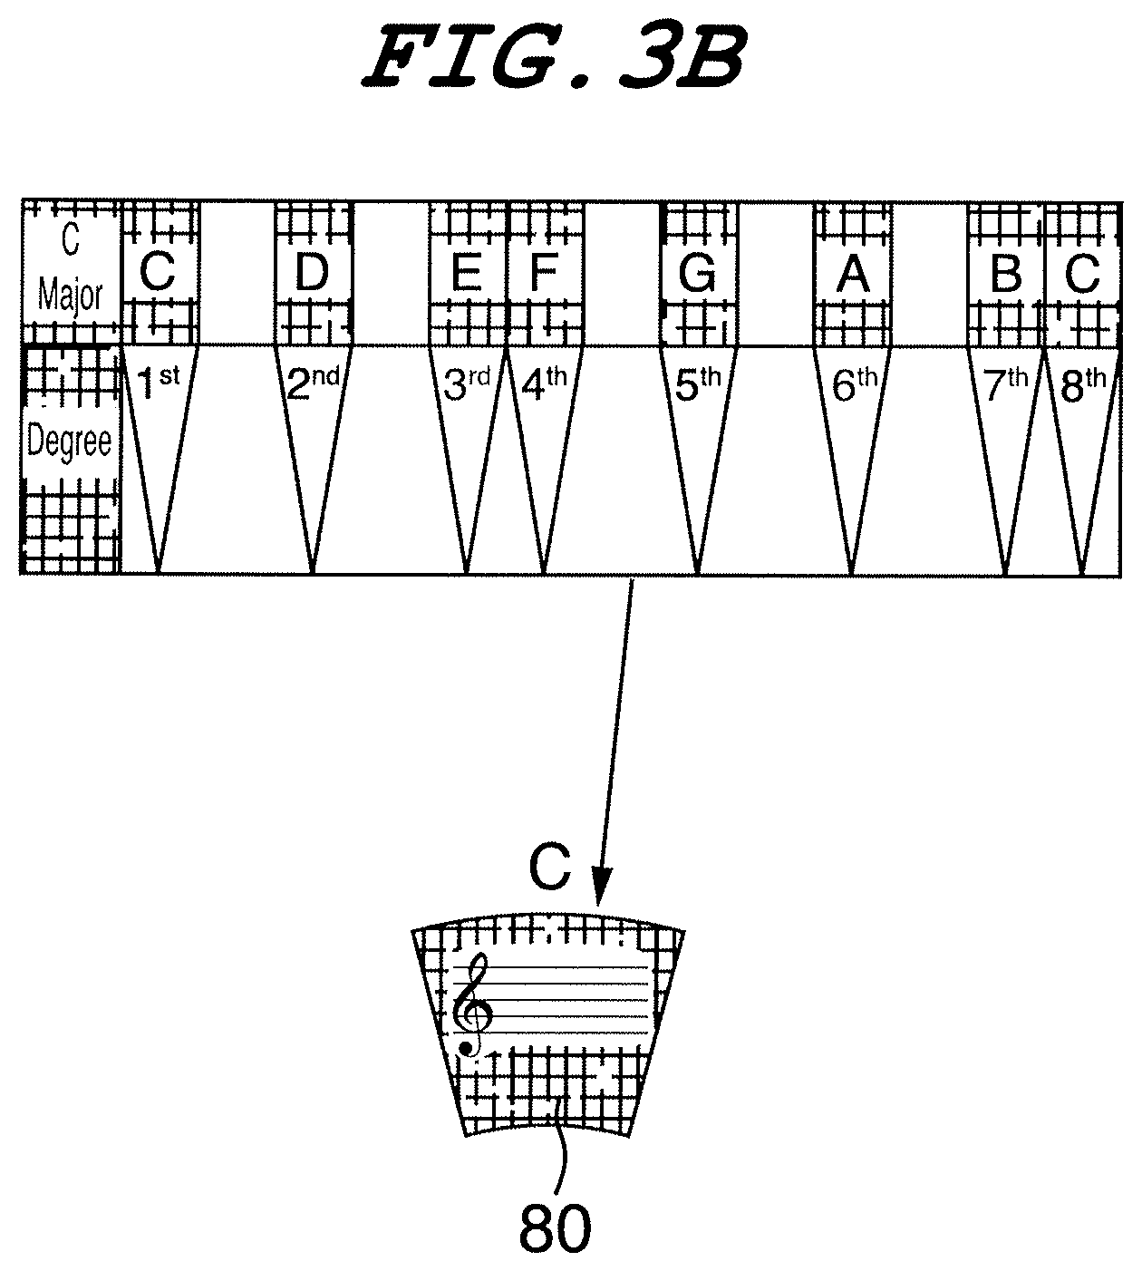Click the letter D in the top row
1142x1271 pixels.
(x=312, y=273)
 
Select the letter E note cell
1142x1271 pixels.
(x=467, y=273)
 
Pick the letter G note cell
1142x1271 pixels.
(x=697, y=273)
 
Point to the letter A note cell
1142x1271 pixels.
(x=852, y=273)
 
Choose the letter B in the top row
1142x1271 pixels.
(x=1006, y=273)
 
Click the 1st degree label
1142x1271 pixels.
(x=157, y=384)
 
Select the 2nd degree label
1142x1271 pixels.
(x=313, y=384)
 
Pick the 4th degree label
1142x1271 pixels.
(x=544, y=384)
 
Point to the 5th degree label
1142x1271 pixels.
(x=699, y=384)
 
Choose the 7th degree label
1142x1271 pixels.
(x=1006, y=384)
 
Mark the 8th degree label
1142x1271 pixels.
(x=1082, y=384)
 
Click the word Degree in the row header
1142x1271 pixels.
(x=70, y=442)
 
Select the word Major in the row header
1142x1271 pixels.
(x=70, y=296)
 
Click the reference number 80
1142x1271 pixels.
(x=555, y=1228)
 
